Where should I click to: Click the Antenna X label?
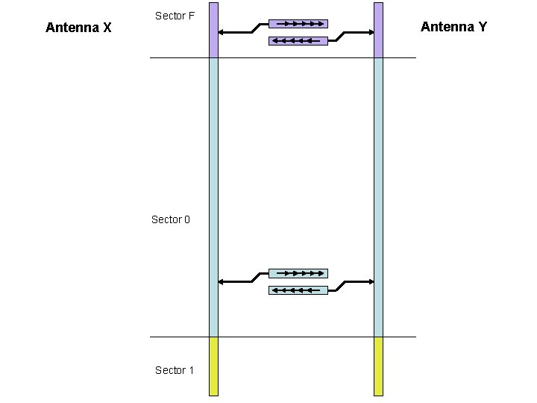pyautogui.click(x=78, y=28)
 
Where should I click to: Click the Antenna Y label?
pyautogui.click(x=453, y=27)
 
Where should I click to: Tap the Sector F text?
pyautogui.click(x=175, y=15)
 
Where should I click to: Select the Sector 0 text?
pyautogui.click(x=171, y=219)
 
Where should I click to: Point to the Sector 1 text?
pyautogui.click(x=175, y=370)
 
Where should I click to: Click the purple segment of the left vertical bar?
pyautogui.click(x=213, y=30)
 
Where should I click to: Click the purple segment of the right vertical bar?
pyautogui.click(x=378, y=30)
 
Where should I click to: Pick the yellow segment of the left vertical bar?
pyautogui.click(x=213, y=366)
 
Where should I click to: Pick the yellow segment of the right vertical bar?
pyautogui.click(x=378, y=366)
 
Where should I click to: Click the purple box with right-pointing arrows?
pyautogui.click(x=298, y=23)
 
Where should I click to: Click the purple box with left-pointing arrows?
pyautogui.click(x=298, y=40)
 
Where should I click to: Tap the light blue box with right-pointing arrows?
pyautogui.click(x=298, y=273)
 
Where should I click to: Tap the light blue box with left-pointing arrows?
pyautogui.click(x=298, y=290)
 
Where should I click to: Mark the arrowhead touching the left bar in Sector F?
pyautogui.click(x=222, y=32)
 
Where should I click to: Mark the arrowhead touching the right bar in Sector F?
pyautogui.click(x=370, y=32)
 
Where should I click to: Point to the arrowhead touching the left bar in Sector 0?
pyautogui.click(x=222, y=281)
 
